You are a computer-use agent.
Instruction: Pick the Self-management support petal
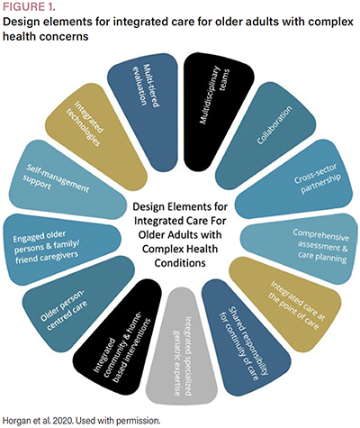pos(66,180)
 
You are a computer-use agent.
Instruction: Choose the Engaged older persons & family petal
pos(61,249)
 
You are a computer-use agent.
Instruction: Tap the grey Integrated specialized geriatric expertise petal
pos(182,345)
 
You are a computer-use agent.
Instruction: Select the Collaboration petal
pos(267,132)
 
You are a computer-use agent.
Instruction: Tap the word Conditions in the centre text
pos(180,263)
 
